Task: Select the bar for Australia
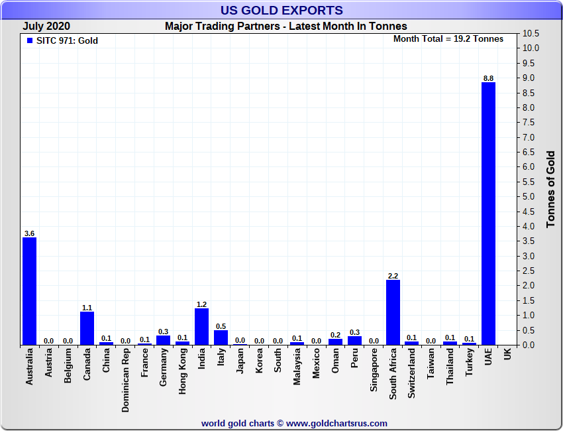[29, 291]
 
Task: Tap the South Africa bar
[393, 312]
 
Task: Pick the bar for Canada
[87, 328]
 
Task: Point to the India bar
[201, 327]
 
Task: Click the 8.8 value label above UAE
[488, 78]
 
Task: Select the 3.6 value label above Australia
[29, 233]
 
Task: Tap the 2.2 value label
[393, 276]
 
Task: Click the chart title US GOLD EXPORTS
[281, 10]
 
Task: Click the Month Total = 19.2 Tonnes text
[448, 39]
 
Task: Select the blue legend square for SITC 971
[29, 40]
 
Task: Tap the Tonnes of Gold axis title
[550, 190]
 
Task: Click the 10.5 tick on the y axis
[531, 33]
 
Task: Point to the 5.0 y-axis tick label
[531, 197]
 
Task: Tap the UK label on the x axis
[507, 355]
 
